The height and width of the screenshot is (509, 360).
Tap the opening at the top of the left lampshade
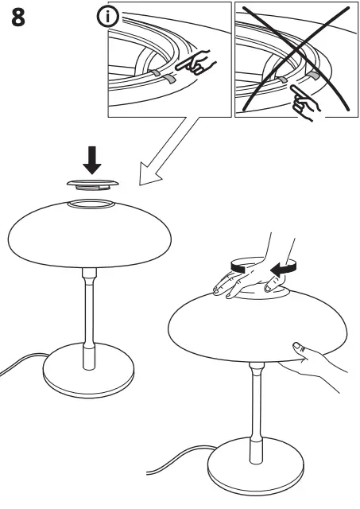point(95,204)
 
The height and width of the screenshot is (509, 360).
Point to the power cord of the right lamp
point(175,461)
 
